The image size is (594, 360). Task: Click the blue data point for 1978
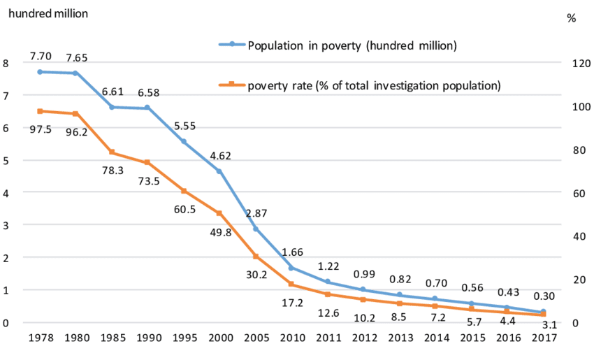[x=40, y=72]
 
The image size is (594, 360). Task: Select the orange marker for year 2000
[x=219, y=213]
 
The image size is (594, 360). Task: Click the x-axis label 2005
[x=255, y=338]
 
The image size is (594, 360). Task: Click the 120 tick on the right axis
[x=581, y=63]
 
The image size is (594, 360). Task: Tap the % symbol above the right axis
[x=571, y=19]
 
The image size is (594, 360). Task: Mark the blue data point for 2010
[x=291, y=268]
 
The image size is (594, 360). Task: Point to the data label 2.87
[x=256, y=213]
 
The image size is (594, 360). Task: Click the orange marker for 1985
[x=112, y=152]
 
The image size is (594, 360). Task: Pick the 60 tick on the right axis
[x=578, y=193]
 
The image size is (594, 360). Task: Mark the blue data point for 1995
[x=184, y=141]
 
